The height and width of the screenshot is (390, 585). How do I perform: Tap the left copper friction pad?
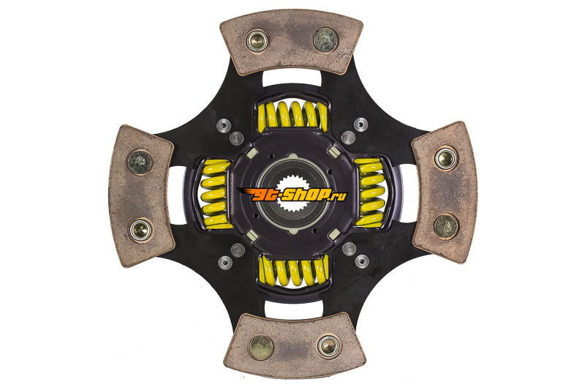[141, 196]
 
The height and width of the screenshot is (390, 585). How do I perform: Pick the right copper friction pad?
[444, 192]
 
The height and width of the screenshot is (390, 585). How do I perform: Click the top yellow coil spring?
[293, 116]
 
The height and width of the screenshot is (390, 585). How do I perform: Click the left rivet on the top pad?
[257, 41]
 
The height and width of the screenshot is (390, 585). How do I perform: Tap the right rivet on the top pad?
[325, 40]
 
